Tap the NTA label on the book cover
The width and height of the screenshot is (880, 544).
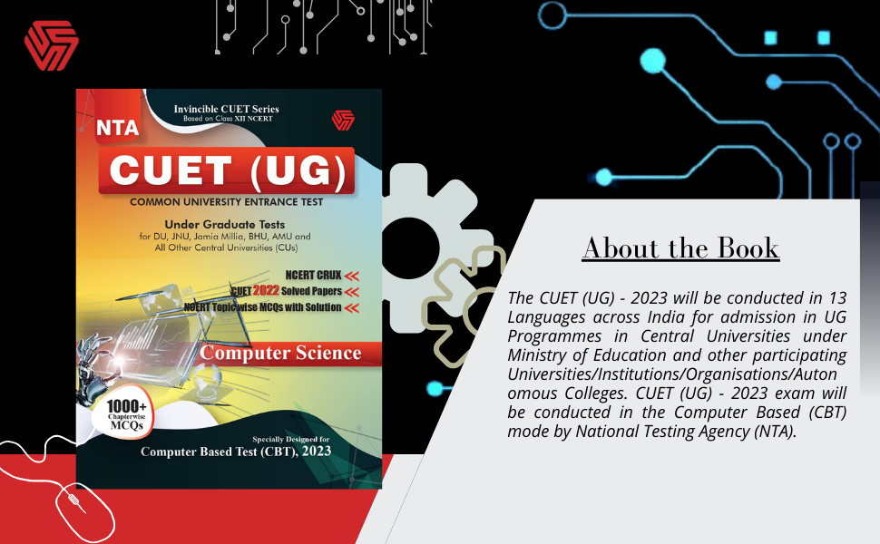(x=117, y=129)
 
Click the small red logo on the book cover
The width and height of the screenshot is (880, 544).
(x=342, y=120)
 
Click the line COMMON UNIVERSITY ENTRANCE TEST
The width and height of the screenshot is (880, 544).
(x=226, y=202)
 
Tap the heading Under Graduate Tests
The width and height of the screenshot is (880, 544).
(x=224, y=224)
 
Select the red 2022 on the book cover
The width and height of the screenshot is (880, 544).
(x=265, y=291)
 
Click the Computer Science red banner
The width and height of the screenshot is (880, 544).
(x=280, y=353)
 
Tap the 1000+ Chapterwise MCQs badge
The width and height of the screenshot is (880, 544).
(x=122, y=415)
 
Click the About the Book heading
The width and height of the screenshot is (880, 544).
(x=680, y=248)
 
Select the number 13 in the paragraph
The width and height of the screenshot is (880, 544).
(x=836, y=297)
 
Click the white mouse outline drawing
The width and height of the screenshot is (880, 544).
(x=76, y=511)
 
